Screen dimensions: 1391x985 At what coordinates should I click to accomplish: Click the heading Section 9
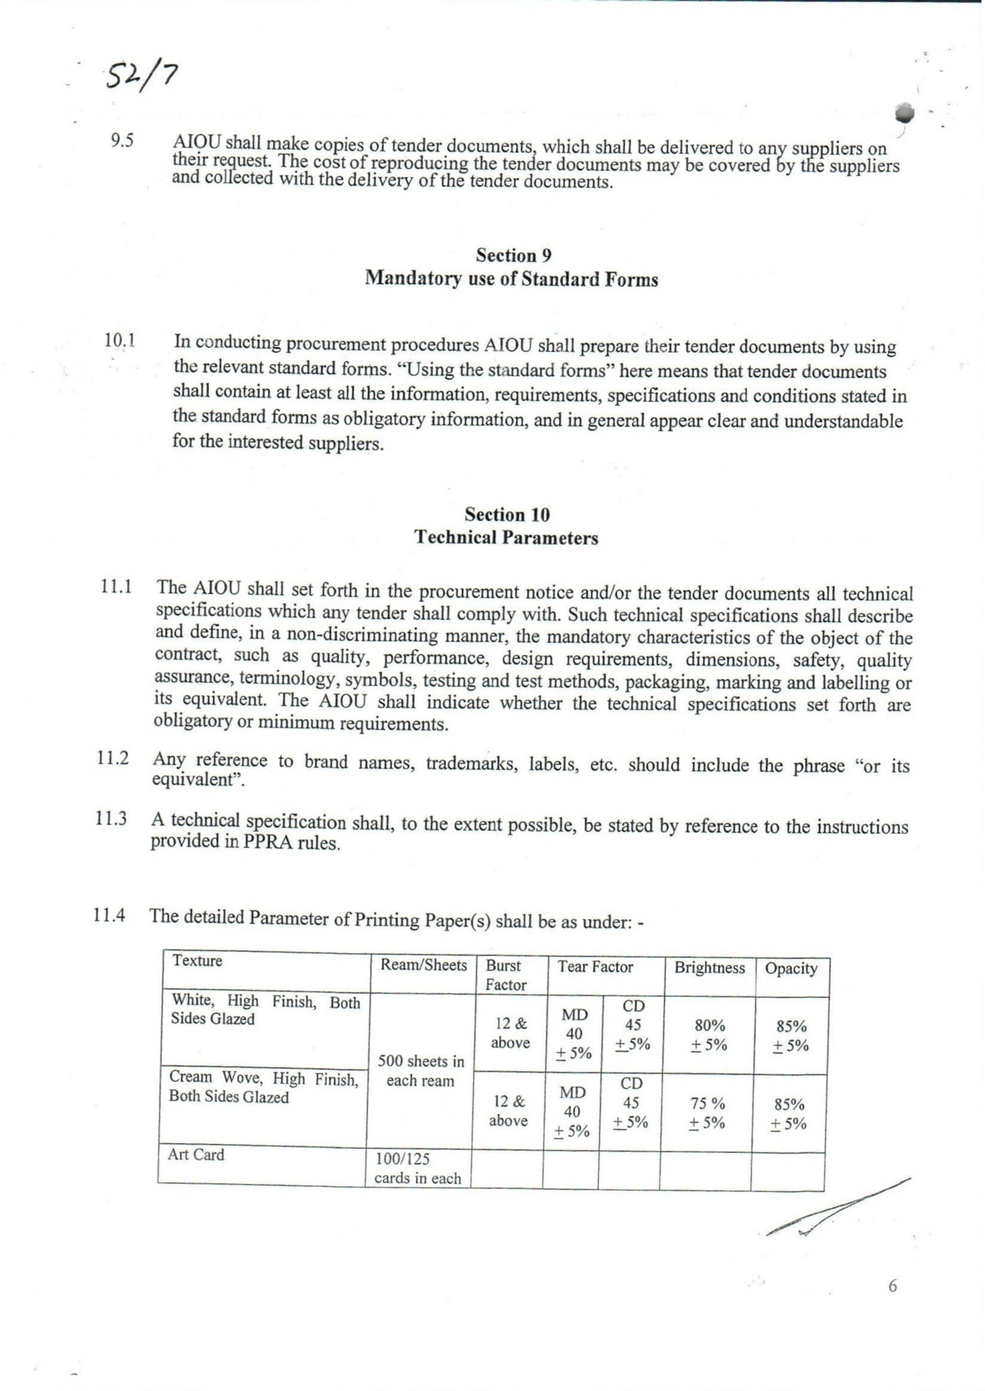(x=513, y=255)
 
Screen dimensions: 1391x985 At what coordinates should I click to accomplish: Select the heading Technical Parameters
(x=506, y=538)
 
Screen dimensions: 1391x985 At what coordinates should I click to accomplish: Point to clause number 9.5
(x=122, y=141)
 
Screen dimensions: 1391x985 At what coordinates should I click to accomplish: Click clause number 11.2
(x=112, y=759)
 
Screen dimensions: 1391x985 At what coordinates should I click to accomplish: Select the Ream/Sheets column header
(x=423, y=965)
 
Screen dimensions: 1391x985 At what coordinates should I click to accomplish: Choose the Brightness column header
(x=709, y=968)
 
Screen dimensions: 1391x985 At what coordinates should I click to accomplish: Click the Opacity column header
(x=791, y=969)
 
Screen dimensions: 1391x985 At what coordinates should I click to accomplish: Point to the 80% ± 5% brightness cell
(x=708, y=1036)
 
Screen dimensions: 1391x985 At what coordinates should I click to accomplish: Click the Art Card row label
(x=196, y=1155)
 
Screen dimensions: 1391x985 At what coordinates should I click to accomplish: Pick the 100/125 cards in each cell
(x=417, y=1169)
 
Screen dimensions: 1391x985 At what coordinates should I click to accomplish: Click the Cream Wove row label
(x=264, y=1087)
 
